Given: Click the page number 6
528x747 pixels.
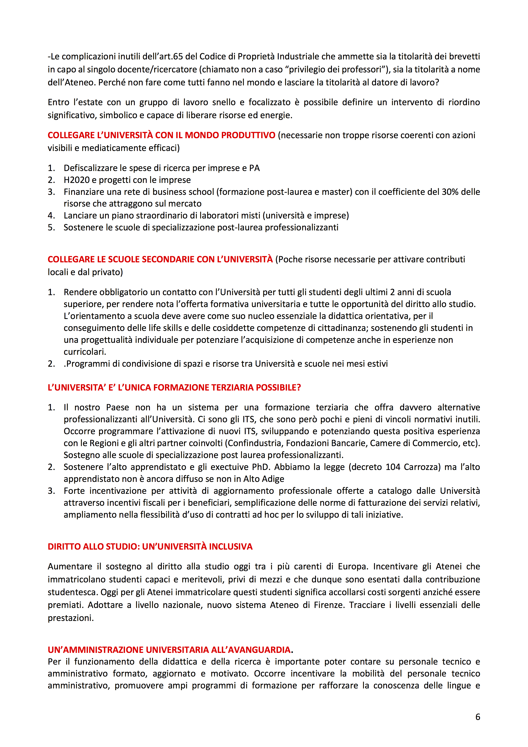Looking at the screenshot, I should [477, 717].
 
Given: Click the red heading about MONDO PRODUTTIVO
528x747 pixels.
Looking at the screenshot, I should [161, 135].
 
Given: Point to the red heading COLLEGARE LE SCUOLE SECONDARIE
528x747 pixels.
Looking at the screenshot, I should [160, 259].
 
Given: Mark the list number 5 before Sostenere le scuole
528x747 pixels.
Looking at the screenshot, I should [51, 227].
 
